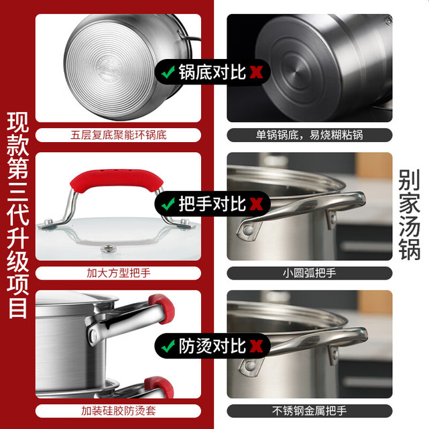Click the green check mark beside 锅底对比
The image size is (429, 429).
[168, 72]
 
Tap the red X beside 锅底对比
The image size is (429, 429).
[256, 72]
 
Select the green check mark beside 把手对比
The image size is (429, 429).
[168, 204]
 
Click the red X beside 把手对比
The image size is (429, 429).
[256, 204]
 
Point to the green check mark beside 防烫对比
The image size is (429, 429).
[168, 346]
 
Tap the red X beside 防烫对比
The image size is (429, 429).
[256, 346]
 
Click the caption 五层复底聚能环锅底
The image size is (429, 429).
[119, 135]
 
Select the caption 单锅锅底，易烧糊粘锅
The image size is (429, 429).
[310, 135]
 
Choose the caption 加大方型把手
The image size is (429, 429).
[119, 273]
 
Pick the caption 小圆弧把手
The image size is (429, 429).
[310, 273]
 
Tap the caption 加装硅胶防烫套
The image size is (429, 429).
[119, 411]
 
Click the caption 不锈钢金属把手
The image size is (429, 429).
[310, 411]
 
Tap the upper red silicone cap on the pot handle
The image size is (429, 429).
[162, 308]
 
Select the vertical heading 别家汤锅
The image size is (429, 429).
[409, 214]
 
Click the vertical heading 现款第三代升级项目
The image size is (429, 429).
[18, 215]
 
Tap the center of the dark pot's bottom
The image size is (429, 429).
[297, 72]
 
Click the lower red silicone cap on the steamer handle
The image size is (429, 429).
[160, 387]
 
